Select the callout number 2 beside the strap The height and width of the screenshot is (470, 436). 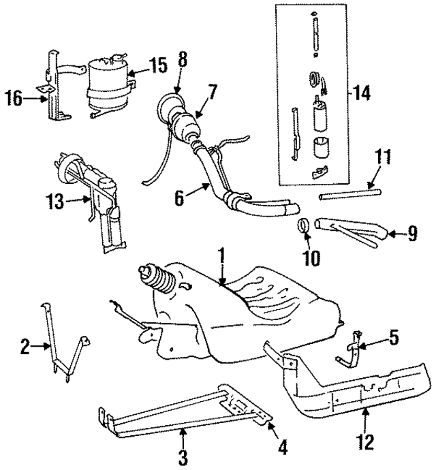25,348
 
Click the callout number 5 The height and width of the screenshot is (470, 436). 394,336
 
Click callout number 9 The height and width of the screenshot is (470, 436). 412,235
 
